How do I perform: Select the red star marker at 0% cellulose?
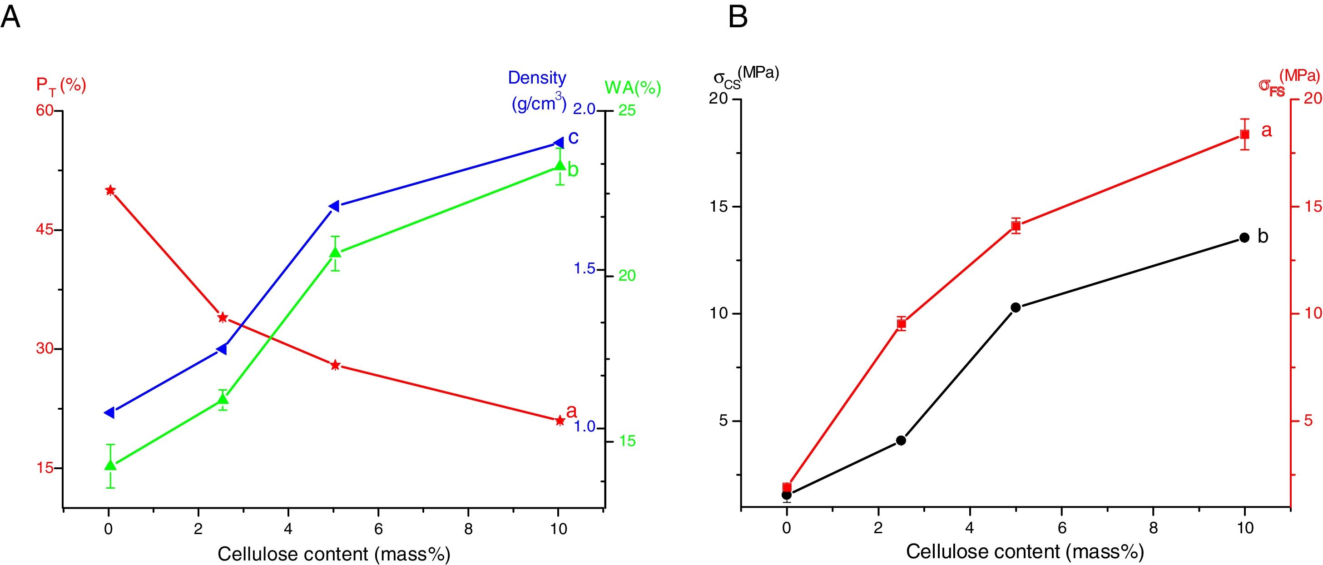tap(110, 191)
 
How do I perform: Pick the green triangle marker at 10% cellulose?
tap(560, 165)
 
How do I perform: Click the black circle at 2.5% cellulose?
tap(901, 440)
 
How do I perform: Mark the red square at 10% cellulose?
tap(1244, 134)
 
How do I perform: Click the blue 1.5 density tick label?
tap(584, 268)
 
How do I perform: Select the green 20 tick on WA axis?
tap(627, 276)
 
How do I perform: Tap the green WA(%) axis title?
tap(633, 89)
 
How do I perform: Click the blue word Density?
tap(537, 78)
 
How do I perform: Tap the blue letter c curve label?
tap(573, 137)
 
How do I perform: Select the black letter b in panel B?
tap(1263, 236)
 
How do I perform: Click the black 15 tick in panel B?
tap(719, 207)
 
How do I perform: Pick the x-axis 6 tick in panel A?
tap(378, 529)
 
